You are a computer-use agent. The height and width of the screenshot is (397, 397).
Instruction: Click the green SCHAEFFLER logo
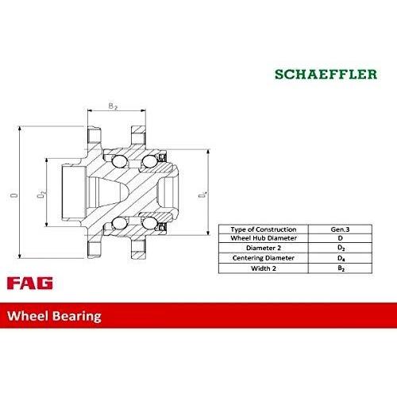pos(326,74)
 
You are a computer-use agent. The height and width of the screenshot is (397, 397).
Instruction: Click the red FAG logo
pos(30,283)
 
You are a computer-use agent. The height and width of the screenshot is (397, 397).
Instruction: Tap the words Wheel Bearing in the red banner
pos(54,316)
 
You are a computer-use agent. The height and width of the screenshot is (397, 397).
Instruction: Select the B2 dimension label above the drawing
pos(113,106)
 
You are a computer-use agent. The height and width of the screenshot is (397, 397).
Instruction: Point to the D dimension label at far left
pos(14,195)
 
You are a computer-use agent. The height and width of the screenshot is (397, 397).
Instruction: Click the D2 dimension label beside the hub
pos(41,195)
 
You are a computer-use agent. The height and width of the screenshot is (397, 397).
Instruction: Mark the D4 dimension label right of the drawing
pos(202,195)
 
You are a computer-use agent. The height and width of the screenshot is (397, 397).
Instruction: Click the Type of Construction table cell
pos(264,229)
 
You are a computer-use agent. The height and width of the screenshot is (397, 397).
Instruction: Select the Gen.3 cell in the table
pos(340,229)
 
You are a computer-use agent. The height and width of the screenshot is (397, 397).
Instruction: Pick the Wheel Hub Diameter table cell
pos(264,238)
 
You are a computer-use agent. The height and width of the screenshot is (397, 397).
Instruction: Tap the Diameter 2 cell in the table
pos(264,248)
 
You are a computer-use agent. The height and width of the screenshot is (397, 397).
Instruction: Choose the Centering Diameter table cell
pos(264,258)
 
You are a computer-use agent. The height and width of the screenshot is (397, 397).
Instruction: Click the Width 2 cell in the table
pos(264,268)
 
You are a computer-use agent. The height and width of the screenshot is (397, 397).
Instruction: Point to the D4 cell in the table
pos(341,258)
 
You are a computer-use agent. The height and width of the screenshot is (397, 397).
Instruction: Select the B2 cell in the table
pos(341,268)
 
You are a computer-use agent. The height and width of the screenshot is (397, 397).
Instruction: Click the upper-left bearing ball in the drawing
pos(119,161)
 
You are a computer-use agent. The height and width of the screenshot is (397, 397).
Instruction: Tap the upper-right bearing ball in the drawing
pos(149,161)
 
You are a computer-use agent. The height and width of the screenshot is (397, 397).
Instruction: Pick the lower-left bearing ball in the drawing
pos(119,223)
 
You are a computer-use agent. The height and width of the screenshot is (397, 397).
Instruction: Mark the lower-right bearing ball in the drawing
pos(149,223)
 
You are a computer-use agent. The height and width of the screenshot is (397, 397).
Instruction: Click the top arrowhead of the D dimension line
pos(19,129)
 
